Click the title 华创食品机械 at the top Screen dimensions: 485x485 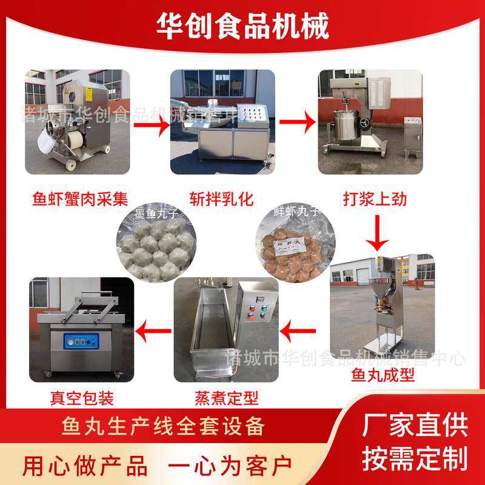[x=242, y=26]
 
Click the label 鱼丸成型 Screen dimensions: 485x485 [x=383, y=376]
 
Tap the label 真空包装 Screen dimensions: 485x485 [x=82, y=398]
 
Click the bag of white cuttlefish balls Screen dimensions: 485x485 [x=152, y=246]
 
